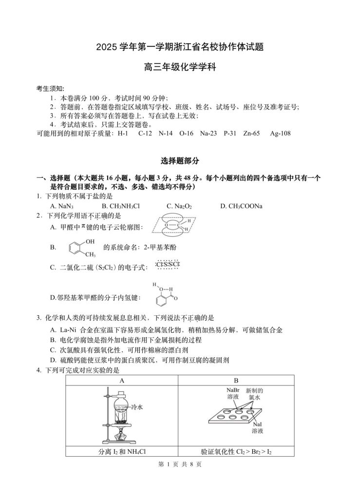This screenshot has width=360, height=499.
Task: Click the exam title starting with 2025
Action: click(180, 47)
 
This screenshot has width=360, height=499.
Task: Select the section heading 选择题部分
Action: click(180, 161)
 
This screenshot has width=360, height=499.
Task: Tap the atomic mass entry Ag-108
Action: click(280, 133)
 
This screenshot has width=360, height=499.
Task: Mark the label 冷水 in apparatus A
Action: click(135, 406)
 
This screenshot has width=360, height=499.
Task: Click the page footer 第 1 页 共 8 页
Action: click(180, 464)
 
